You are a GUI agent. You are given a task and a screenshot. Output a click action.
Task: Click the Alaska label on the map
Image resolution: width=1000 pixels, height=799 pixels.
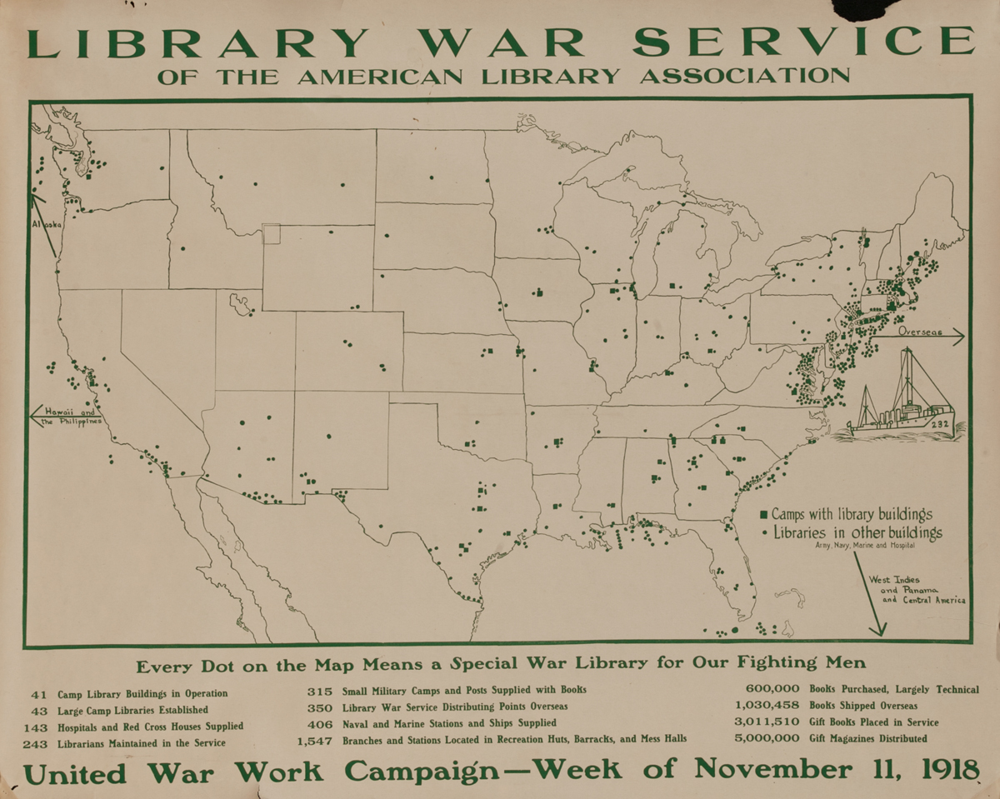click(x=43, y=225)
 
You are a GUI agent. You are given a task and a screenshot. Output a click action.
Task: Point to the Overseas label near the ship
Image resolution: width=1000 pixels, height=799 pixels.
click(x=920, y=332)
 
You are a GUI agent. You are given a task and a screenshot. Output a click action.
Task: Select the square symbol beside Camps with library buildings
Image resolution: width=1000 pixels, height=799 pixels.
click(x=763, y=515)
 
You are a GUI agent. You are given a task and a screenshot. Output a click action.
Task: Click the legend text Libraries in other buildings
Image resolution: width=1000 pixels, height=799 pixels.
click(x=857, y=532)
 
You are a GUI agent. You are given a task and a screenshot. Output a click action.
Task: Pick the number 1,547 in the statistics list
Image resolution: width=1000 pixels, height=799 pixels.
click(x=315, y=739)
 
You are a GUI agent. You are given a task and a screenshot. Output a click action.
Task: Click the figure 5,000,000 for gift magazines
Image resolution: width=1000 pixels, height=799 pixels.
click(x=767, y=738)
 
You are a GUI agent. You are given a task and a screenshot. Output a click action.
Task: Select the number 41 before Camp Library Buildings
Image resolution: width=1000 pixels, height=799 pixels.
click(x=40, y=693)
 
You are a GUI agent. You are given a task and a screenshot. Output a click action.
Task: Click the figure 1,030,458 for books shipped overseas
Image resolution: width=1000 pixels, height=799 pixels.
click(x=767, y=706)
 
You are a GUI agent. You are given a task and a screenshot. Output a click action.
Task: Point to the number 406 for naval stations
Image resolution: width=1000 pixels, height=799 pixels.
click(x=320, y=722)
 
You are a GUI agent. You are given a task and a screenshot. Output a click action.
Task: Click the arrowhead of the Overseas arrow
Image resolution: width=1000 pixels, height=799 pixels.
click(x=960, y=337)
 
